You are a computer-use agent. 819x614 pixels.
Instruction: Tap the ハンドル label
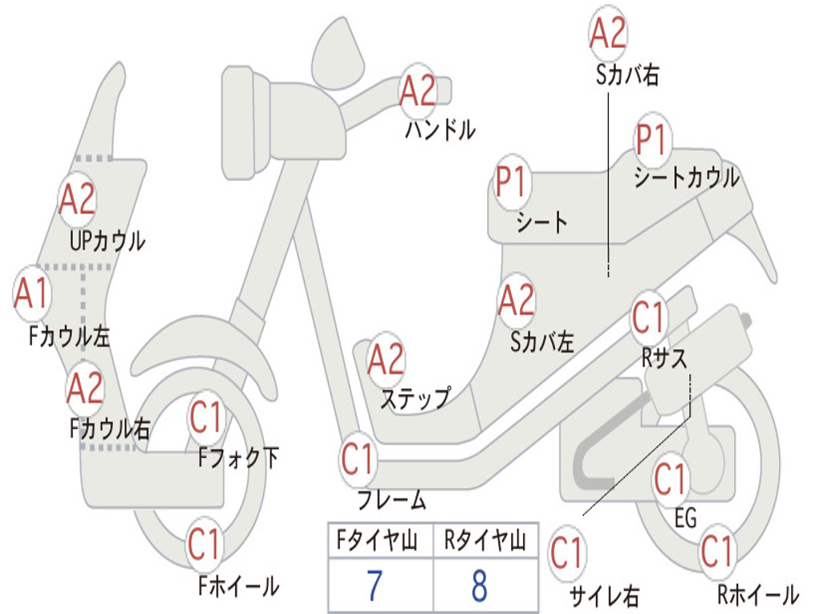tap(441, 129)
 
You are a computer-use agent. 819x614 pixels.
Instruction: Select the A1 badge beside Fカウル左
tap(32, 293)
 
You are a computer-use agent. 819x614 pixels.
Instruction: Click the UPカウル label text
tap(107, 241)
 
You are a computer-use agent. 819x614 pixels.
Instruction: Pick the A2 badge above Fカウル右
tap(85, 389)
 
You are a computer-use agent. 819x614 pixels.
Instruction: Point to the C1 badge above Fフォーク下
tap(206, 417)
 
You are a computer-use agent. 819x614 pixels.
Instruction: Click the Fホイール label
tap(238, 585)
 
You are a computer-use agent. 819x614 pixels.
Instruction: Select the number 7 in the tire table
tap(374, 585)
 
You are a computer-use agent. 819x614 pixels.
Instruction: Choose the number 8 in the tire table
tap(480, 585)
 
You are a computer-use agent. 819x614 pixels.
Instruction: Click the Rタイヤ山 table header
tap(485, 540)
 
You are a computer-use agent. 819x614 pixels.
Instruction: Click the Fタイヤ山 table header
tap(378, 540)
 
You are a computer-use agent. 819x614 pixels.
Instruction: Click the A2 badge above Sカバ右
tap(608, 32)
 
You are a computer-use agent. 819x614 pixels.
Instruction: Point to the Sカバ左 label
tap(542, 342)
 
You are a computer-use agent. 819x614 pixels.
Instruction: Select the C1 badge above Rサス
tap(648, 317)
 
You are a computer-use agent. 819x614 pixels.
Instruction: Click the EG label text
tap(685, 518)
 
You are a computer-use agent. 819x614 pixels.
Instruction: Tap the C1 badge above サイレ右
tap(567, 553)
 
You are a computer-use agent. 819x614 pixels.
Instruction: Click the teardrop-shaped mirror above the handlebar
tap(338, 53)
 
